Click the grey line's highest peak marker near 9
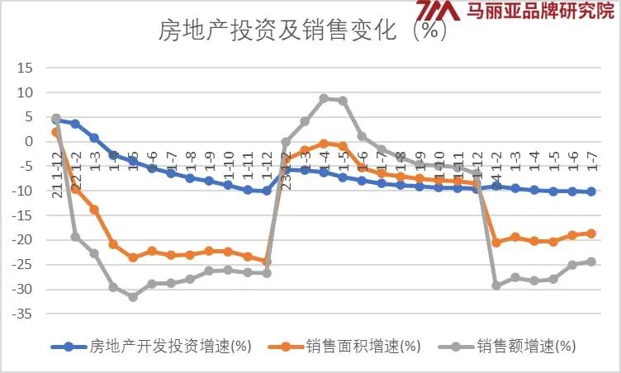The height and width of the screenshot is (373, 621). [324, 98]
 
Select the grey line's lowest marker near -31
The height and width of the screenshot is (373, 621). [132, 296]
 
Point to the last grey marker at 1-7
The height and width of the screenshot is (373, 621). [590, 262]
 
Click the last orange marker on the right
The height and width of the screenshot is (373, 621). [590, 234]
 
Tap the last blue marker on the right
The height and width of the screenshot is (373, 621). [590, 191]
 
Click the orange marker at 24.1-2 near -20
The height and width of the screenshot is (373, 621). [495, 243]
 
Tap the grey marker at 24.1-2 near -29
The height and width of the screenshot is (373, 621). [495, 286]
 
